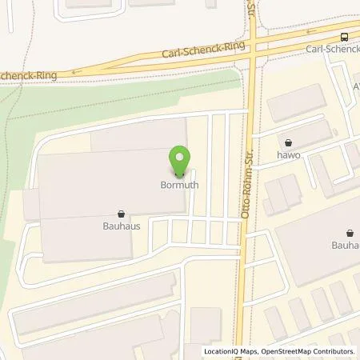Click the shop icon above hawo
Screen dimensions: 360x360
288,142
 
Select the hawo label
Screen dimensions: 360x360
288,155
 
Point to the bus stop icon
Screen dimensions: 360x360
345,36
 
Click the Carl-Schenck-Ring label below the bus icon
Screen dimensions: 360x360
332,48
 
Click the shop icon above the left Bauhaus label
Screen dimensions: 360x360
121,214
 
